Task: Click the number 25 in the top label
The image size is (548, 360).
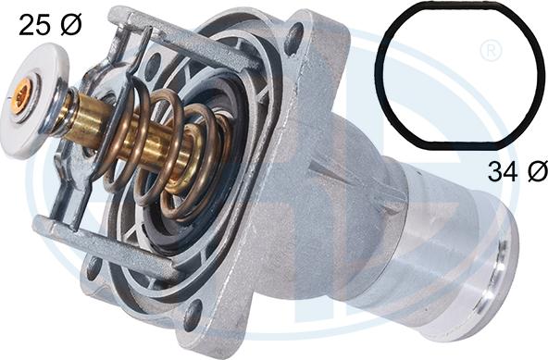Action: (x=34, y=25)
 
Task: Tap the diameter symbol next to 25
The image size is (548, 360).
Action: (x=71, y=25)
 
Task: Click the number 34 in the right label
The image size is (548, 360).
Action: (x=503, y=171)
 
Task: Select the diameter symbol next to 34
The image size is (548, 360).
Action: (x=538, y=171)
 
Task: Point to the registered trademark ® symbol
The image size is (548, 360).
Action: (x=491, y=51)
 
